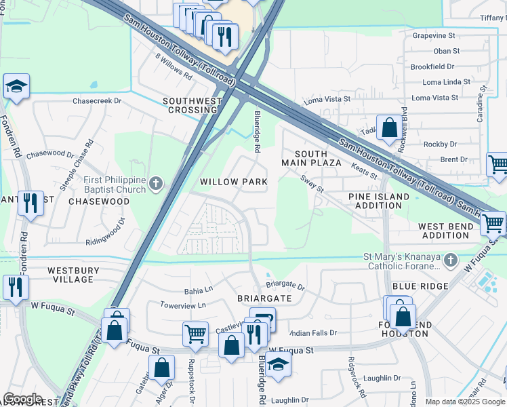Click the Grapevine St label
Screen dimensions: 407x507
[434, 35]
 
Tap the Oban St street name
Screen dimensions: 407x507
[446, 51]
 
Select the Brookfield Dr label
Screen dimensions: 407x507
[432, 66]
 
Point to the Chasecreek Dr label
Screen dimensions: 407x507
[96, 100]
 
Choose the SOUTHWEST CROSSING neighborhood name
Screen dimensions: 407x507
[192, 105]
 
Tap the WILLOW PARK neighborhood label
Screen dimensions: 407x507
[233, 182]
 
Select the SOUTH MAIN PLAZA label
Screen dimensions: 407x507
[311, 158]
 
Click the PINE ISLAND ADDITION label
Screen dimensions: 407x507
[379, 201]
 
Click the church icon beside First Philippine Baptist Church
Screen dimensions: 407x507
[156, 183]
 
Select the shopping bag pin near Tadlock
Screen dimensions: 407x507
[389, 127]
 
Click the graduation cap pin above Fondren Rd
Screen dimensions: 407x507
[16, 86]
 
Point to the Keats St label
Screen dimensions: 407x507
[364, 170]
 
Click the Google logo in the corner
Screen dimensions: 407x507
[23, 399]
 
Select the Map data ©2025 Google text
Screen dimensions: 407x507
[464, 402]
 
